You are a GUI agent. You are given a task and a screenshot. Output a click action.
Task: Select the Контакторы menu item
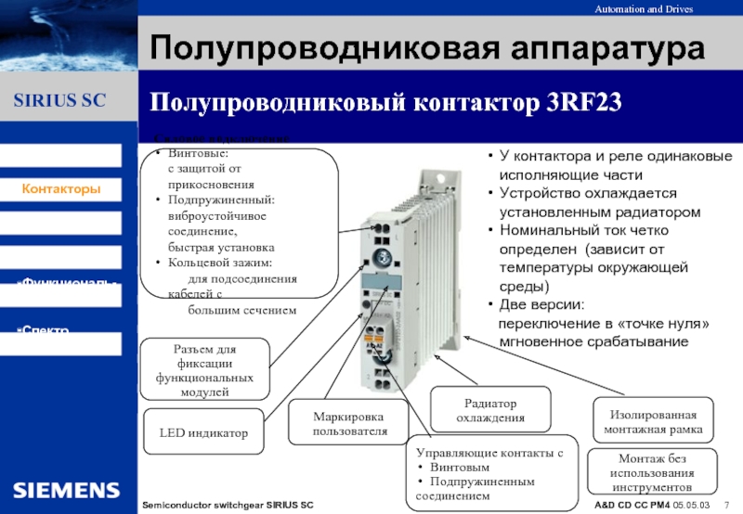click(x=62, y=189)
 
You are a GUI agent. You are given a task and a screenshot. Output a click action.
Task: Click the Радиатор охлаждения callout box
click(x=490, y=411)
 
